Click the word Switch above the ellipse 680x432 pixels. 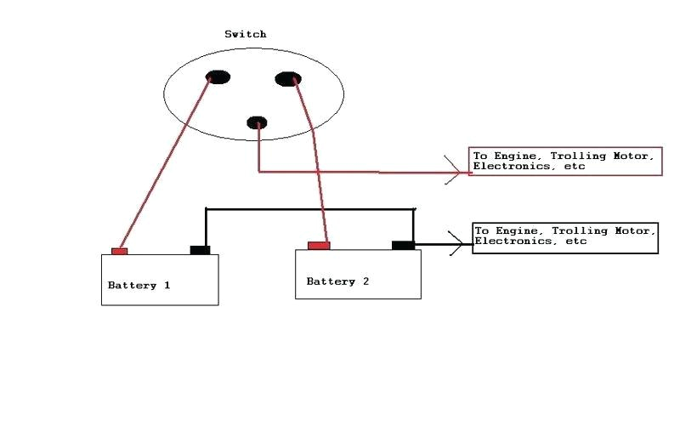click(x=245, y=34)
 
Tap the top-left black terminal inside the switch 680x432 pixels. click(x=218, y=77)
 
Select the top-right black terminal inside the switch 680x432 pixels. click(x=288, y=79)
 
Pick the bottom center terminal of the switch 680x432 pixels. click(x=257, y=122)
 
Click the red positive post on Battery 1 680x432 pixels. click(x=119, y=251)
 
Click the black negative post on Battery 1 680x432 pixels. click(x=200, y=250)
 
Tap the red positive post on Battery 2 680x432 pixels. click(x=319, y=246)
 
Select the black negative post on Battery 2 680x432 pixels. click(x=403, y=245)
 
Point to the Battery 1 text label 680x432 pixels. click(x=139, y=286)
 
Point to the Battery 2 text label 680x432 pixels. click(x=337, y=281)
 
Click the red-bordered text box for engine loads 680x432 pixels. click(x=565, y=162)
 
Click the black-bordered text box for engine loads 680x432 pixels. click(x=565, y=236)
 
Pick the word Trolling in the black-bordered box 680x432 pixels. click(x=578, y=230)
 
